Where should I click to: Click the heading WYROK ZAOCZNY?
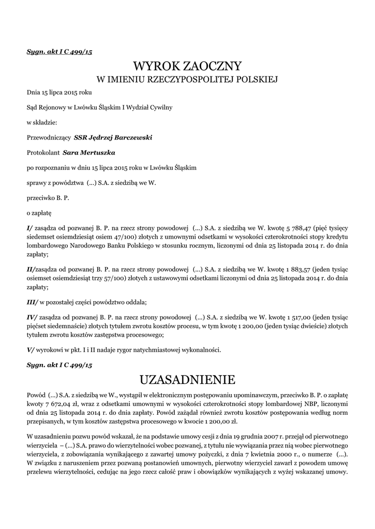[187, 66]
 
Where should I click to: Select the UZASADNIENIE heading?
[187, 380]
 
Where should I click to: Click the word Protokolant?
[43, 153]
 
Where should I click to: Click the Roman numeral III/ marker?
[32, 302]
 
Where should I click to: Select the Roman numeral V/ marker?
[31, 350]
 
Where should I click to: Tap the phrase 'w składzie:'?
[42, 123]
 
